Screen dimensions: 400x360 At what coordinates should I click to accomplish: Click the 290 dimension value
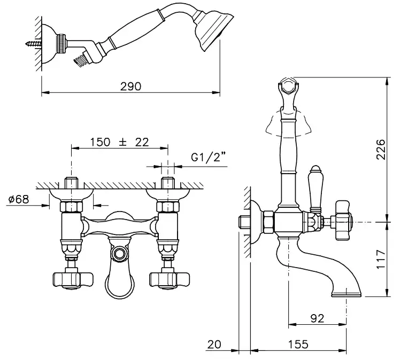coord(130,87)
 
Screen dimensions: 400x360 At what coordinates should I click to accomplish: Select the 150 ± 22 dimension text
coord(119,142)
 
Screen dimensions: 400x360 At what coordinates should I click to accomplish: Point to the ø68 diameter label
coord(19,199)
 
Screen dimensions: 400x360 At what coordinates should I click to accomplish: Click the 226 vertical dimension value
coord(381,150)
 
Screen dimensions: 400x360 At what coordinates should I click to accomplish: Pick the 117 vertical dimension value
coord(381,259)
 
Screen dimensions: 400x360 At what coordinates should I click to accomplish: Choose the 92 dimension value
coord(317,318)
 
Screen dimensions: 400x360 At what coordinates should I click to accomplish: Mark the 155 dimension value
coord(298,345)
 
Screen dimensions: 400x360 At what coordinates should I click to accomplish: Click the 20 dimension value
coord(214,345)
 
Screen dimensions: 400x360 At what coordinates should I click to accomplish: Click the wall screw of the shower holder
coord(33,44)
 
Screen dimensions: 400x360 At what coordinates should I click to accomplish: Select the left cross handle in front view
coord(73,280)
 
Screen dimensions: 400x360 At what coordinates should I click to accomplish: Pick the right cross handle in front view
coord(170,280)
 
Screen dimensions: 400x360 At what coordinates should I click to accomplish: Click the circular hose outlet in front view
coord(119,254)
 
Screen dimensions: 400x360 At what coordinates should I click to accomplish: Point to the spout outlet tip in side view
coord(347,295)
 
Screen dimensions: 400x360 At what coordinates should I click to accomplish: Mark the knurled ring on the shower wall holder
coord(62,44)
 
